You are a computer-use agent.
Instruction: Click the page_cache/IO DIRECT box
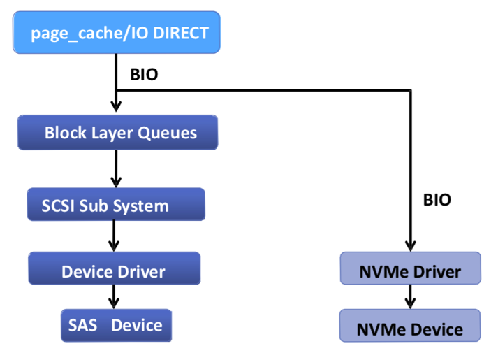coord(116,34)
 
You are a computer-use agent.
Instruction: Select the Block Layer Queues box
coord(117,133)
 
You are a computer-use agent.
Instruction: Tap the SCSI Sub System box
coord(116,205)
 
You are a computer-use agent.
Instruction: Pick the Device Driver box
coord(114,271)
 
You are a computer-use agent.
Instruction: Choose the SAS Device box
coord(115,325)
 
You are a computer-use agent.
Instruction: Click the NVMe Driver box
coord(410,270)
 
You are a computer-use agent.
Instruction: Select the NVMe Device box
coord(410,329)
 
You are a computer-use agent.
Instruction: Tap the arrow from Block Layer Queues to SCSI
coord(116,168)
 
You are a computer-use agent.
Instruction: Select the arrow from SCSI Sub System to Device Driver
coord(114,237)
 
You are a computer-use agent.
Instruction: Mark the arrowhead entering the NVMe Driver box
coord(411,246)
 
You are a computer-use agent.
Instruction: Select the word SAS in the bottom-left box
coord(82,325)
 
